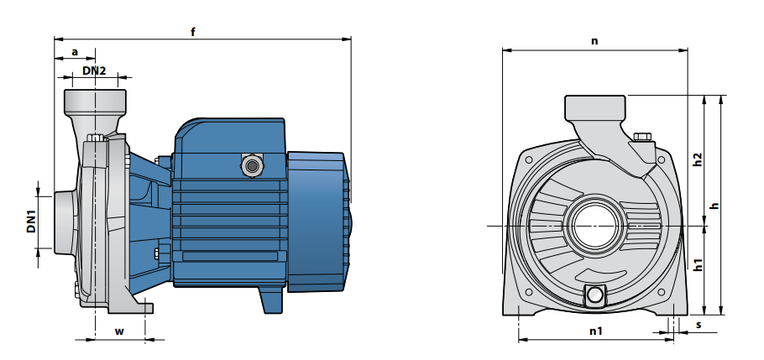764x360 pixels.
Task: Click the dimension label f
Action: coord(193,32)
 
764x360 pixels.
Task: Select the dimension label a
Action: coord(75,52)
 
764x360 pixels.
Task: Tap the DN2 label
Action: coord(94,70)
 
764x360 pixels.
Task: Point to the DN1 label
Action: coord(32,222)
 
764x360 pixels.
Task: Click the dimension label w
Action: coord(119,331)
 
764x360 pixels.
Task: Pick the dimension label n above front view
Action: coord(594,41)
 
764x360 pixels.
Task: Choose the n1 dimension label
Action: coord(596,331)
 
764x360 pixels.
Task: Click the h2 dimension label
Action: coord(698,159)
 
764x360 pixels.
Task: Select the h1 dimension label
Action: coord(699,264)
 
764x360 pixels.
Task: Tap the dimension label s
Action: coord(699,325)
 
